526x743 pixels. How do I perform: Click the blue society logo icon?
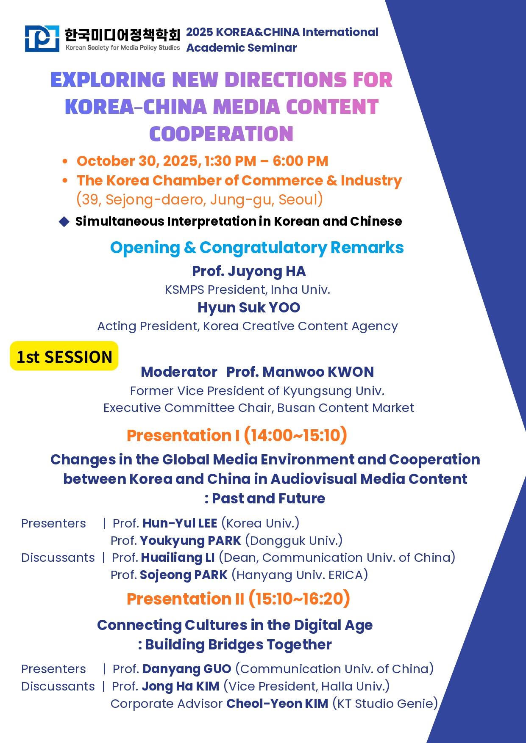(42, 39)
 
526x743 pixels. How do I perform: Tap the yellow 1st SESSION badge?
(64, 356)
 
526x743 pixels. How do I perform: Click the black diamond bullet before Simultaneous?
(64, 221)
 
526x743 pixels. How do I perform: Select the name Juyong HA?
(267, 271)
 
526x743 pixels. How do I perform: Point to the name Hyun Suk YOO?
(249, 307)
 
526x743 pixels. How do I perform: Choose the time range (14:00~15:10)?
(295, 435)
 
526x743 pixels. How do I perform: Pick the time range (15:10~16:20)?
(299, 599)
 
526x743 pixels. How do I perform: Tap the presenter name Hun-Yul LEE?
(180, 523)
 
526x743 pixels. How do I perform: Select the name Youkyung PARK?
(190, 541)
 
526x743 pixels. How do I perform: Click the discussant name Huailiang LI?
(178, 558)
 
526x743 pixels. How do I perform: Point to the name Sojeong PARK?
(184, 575)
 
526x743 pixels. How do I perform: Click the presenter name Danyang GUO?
(187, 669)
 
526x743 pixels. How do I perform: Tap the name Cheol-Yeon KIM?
(277, 704)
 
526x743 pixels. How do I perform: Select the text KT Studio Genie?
(385, 704)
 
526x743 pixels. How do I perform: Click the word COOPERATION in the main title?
(221, 134)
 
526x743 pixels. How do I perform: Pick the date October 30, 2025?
(137, 161)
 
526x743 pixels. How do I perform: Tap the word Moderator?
(179, 372)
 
